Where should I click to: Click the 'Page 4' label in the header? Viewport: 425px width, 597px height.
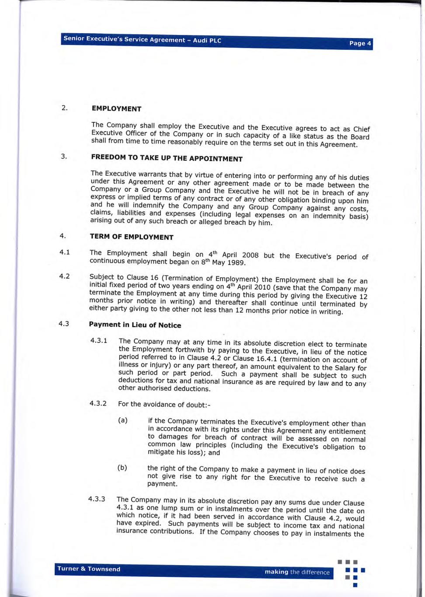pos(360,43)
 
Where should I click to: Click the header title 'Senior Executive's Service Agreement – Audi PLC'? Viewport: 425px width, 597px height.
pos(142,39)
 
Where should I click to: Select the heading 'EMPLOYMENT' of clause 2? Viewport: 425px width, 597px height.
pos(116,109)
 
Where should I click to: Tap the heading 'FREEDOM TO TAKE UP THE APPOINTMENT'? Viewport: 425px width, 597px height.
pos(167,158)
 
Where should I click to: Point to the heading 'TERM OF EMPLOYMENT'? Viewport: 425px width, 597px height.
pos(132,237)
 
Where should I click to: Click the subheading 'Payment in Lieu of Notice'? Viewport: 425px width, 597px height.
pos(135,325)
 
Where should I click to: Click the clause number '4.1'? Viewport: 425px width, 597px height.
pos(65,252)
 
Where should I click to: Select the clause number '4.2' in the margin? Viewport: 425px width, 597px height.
pos(64,276)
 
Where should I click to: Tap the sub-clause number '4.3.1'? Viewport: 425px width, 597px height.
pos(99,340)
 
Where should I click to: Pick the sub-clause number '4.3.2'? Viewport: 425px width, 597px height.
pos(98,403)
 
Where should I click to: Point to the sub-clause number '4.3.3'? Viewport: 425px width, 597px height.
pos(97,499)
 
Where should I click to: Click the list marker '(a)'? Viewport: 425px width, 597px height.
pos(123,420)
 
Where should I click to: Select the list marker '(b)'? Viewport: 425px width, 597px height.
pos(122,468)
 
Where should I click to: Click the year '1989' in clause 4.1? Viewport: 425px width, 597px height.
pos(237,263)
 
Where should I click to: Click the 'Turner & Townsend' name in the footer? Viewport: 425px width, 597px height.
pos(89,569)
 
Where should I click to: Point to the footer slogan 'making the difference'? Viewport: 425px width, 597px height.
pos(297,572)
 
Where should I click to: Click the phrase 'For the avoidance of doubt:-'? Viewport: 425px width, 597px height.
pos(164,405)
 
